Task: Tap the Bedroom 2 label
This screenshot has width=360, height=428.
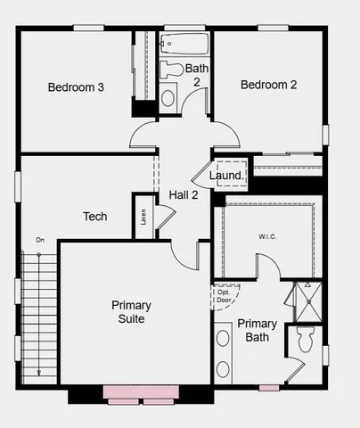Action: [x=268, y=85]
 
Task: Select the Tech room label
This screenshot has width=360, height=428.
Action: [x=95, y=217]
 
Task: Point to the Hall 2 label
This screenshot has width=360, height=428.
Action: [x=184, y=194]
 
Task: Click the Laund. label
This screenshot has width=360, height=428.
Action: [x=226, y=176]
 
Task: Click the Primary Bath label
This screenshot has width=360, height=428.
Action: [x=258, y=330]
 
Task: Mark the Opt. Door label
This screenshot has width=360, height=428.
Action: [x=223, y=295]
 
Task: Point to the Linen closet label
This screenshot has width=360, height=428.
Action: [x=143, y=217]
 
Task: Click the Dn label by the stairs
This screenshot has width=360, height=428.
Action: [x=40, y=240]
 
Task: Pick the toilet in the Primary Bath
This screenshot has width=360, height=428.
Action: [x=305, y=340]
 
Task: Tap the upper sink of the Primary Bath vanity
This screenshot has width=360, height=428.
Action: [x=223, y=340]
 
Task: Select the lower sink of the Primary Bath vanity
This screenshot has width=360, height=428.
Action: [x=223, y=367]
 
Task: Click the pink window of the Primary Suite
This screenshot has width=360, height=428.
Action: [x=140, y=391]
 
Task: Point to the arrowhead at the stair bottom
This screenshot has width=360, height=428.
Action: [x=39, y=372]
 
